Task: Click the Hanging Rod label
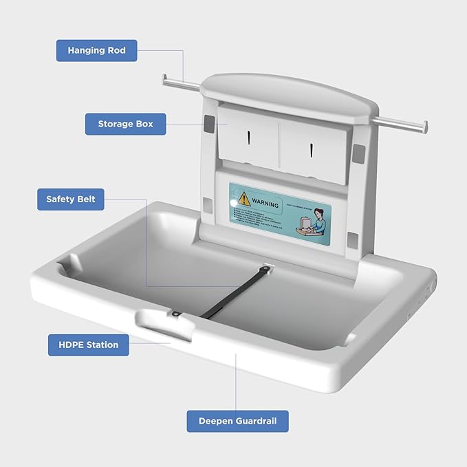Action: point(96,50)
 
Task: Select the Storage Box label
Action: point(125,124)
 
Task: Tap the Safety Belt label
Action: point(71,199)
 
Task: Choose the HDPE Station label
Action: point(88,345)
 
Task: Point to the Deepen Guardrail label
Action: point(237,421)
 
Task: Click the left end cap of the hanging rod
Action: point(166,80)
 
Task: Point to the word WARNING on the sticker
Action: point(265,204)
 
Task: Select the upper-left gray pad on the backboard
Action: point(209,122)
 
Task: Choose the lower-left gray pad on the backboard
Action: point(207,204)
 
